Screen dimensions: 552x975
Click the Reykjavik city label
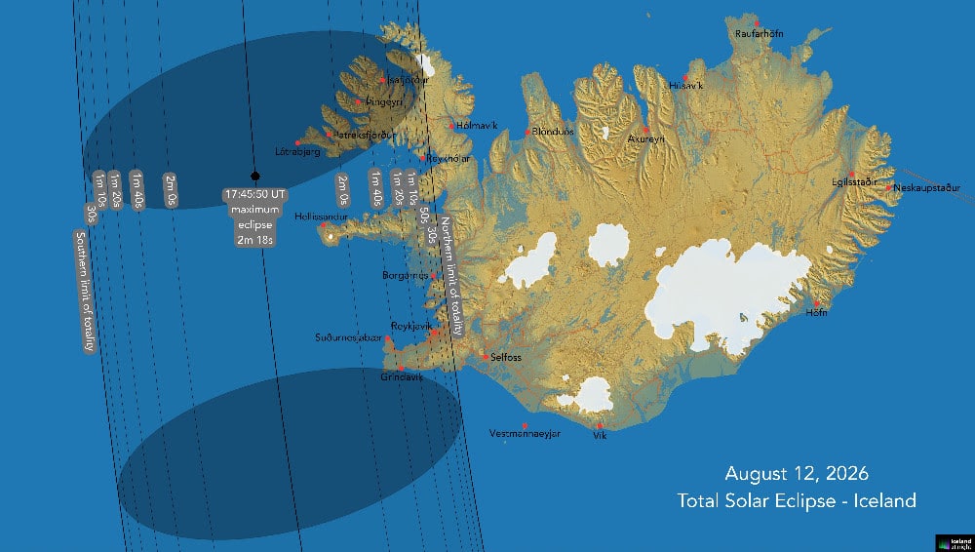[410, 326]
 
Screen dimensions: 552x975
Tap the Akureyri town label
[645, 139]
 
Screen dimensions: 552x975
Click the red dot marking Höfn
[815, 302]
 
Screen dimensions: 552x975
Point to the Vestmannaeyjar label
[525, 434]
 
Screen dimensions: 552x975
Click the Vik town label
[599, 436]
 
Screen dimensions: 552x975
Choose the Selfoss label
[506, 358]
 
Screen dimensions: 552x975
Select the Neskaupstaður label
[927, 187]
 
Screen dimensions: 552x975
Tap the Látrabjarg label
[298, 152]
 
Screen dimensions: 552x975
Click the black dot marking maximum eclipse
[254, 177]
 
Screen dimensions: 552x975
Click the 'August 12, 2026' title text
[797, 474]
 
